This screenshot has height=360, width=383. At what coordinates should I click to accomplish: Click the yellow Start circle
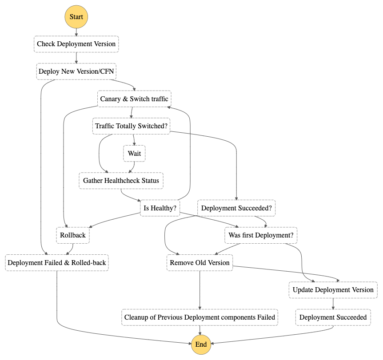click(x=76, y=17)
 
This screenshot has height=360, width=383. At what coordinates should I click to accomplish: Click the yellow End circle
click(x=201, y=344)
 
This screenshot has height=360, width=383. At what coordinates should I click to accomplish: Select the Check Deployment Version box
click(x=76, y=44)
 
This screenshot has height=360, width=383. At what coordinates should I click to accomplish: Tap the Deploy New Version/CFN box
click(x=76, y=71)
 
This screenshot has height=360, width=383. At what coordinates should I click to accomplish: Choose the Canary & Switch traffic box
click(x=134, y=99)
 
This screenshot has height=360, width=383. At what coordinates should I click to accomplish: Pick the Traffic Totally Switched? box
click(x=131, y=126)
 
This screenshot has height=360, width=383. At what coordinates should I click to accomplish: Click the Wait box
click(x=134, y=154)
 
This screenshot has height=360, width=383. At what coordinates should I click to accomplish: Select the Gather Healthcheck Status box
click(x=121, y=181)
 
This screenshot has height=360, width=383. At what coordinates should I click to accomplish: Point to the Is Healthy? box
click(x=160, y=208)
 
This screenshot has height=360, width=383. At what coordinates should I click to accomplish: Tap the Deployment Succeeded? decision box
click(x=236, y=208)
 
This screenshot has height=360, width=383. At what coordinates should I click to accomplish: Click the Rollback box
click(x=73, y=235)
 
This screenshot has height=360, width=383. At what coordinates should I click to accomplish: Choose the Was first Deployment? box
click(x=261, y=235)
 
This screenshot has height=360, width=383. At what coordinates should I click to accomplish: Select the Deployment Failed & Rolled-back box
click(x=57, y=263)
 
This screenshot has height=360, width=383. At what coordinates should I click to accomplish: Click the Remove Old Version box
click(x=199, y=263)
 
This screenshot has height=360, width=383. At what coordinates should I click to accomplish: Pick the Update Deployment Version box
click(x=333, y=290)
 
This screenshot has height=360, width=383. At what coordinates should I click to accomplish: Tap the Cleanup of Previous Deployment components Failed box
click(x=199, y=317)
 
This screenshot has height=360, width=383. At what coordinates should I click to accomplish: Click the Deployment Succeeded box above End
click(x=333, y=317)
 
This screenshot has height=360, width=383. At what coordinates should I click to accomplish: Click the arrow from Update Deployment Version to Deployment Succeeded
click(x=333, y=304)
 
